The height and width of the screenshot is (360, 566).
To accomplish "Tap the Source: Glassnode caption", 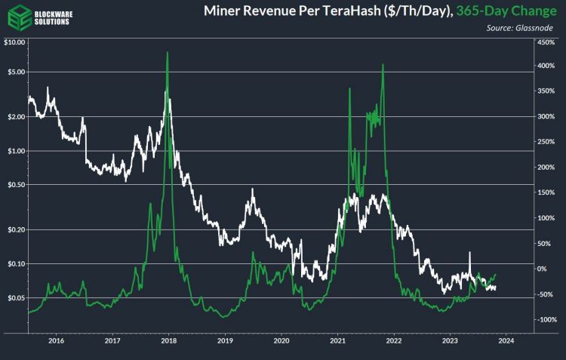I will [520, 28].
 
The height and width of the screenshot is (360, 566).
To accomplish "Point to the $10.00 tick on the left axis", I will [14, 42].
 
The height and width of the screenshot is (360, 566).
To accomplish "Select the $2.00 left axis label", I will [15, 116].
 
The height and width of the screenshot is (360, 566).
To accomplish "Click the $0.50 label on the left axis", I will [15, 185].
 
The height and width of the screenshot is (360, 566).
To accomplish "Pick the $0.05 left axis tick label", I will [15, 298].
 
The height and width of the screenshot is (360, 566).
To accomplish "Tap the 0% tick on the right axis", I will [542, 269].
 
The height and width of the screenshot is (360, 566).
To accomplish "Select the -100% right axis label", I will [546, 320].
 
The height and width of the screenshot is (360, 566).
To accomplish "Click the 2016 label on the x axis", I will [56, 340].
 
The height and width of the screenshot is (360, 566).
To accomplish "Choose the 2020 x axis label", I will [281, 340].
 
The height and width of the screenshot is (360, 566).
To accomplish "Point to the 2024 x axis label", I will [506, 340].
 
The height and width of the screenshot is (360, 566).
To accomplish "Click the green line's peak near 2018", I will [167, 52].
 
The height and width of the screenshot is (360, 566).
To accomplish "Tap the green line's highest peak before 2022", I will [383, 64].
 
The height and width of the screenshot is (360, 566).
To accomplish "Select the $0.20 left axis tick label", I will [15, 229].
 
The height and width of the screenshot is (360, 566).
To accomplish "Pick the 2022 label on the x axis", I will [393, 340].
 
